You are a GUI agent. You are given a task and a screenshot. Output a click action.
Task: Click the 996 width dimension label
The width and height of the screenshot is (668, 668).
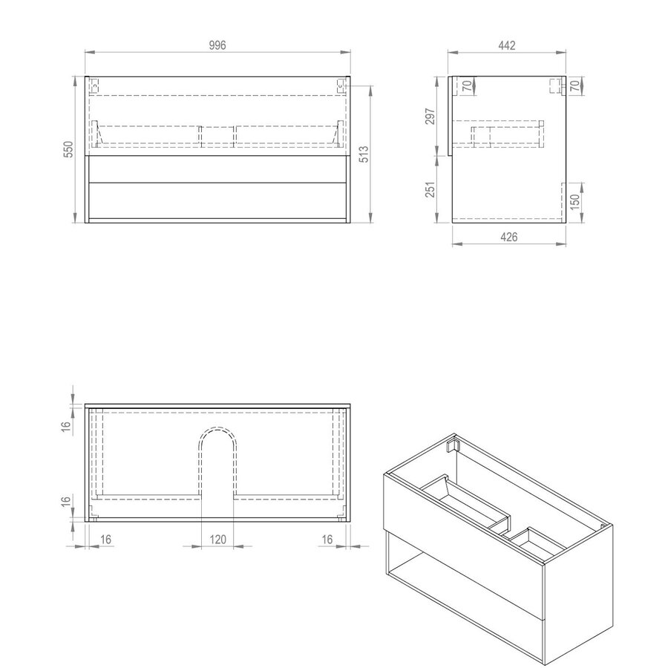coord(217,45)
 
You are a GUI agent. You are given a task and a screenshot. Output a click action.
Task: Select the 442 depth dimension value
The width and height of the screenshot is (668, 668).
coord(507,45)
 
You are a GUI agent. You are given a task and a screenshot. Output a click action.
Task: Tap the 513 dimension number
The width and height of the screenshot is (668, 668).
coord(364,153)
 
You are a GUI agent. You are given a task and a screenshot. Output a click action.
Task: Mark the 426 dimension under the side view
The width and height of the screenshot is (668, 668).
coord(508,237)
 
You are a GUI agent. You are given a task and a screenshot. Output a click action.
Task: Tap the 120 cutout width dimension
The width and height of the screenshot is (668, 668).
coord(217,540)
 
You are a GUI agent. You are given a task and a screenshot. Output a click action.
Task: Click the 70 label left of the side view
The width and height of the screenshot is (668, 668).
coord(467,86)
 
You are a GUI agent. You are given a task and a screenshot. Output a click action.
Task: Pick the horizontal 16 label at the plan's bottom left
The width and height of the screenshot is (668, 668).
coord(105,540)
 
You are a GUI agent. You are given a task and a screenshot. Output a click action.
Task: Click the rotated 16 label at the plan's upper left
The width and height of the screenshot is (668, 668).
coord(66,426)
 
